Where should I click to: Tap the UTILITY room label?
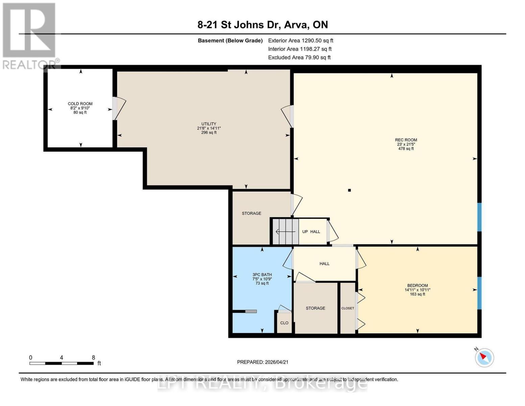click(209, 124)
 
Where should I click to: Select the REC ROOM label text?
click(406, 140)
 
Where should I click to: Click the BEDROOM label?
click(417, 286)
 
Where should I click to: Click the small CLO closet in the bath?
click(284, 323)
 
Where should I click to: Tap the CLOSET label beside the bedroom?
click(348, 308)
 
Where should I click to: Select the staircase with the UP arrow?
click(286, 232)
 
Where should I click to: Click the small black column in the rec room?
click(350, 190)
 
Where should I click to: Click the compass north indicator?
click(484, 357)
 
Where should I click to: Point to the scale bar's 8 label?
click(93, 358)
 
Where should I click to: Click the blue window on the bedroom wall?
click(479, 293)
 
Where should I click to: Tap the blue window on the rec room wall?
click(479, 217)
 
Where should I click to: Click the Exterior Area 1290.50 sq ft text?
click(301, 41)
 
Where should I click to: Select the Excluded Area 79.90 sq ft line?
click(299, 58)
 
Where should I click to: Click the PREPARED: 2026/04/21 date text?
click(263, 362)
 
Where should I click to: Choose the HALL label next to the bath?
click(324, 264)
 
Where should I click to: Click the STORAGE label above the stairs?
click(251, 213)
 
